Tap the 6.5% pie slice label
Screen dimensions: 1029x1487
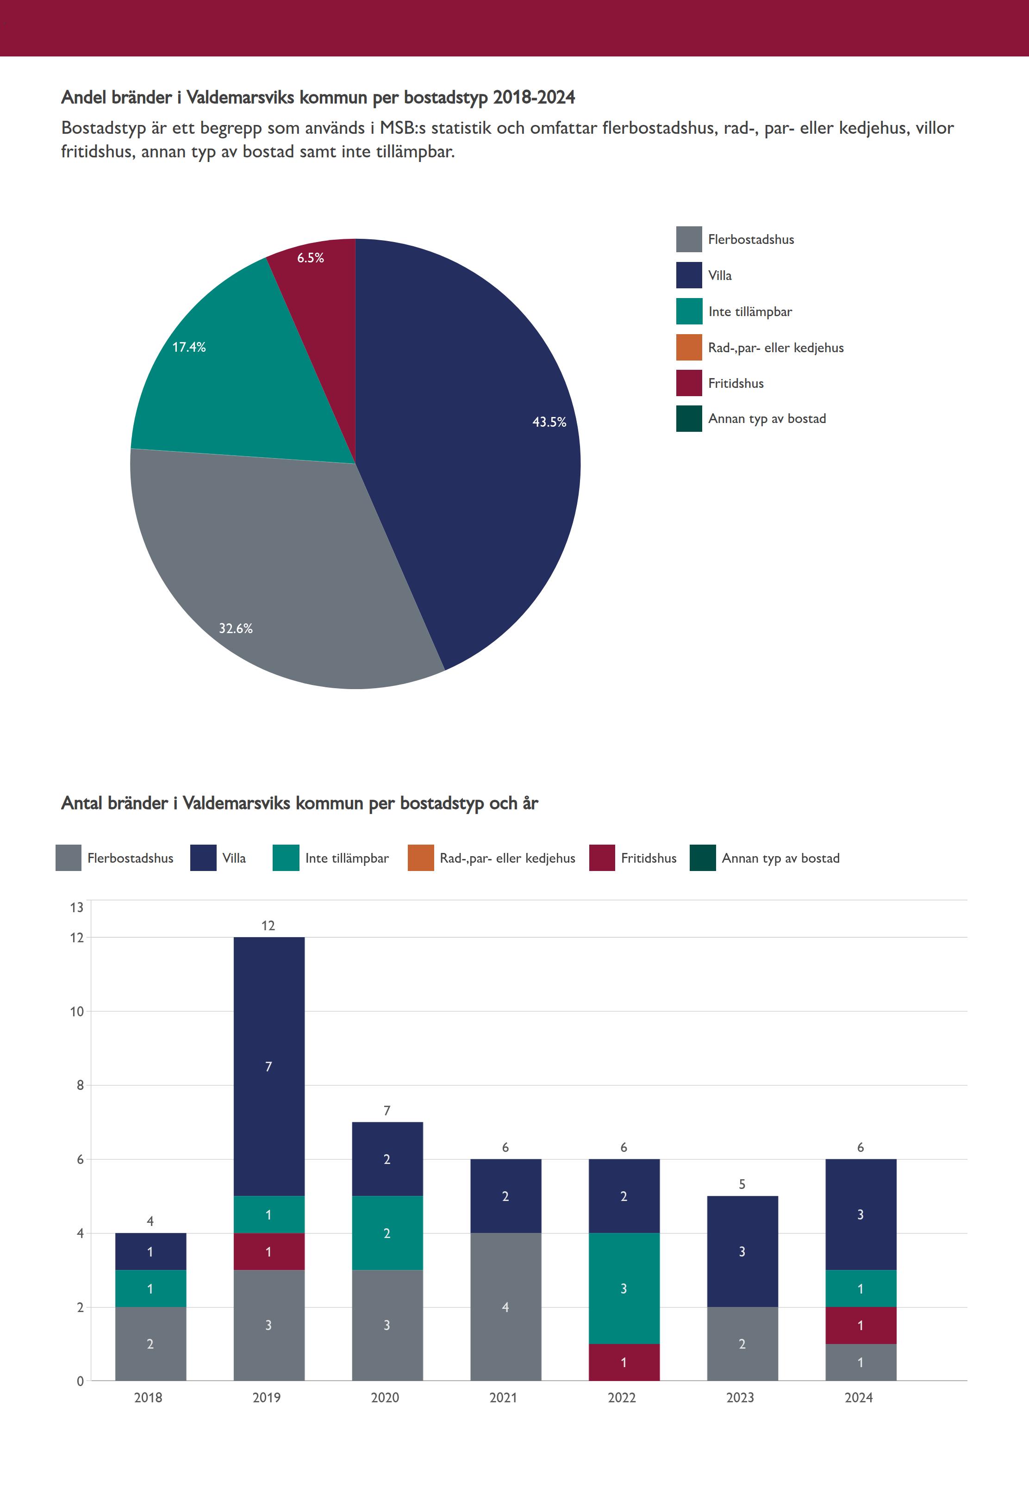tap(310, 258)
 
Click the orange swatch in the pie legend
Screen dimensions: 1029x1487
tap(689, 348)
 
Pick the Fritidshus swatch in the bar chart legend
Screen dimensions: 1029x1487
tap(602, 858)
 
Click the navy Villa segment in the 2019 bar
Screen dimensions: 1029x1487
tap(269, 1067)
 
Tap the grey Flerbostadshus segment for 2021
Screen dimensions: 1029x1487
tap(505, 1307)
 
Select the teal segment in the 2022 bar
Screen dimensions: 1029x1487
tap(624, 1288)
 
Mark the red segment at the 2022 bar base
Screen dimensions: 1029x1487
tap(624, 1362)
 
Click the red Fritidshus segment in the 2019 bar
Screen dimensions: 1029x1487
tap(269, 1252)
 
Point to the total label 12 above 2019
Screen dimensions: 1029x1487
tap(268, 926)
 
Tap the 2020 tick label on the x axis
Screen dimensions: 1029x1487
tap(385, 1397)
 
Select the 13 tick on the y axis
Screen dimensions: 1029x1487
tap(77, 908)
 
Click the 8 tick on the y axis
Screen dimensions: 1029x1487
tap(80, 1085)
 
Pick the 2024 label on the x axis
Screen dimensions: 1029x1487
tap(859, 1397)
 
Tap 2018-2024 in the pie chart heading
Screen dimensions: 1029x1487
tap(534, 97)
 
